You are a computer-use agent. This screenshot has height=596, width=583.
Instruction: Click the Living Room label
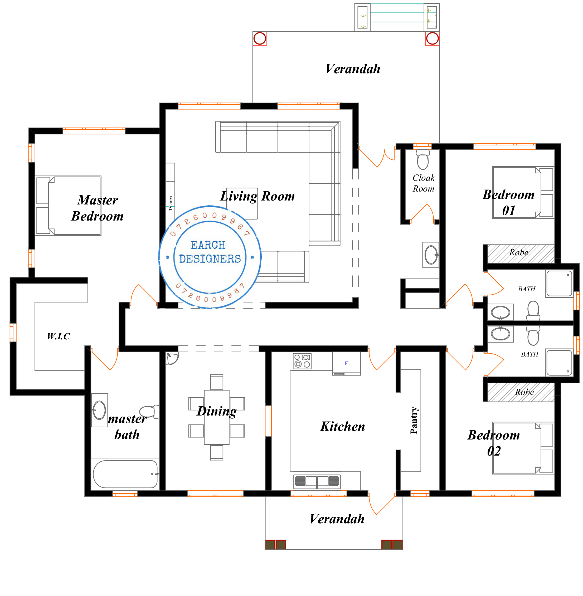pyautogui.click(x=258, y=196)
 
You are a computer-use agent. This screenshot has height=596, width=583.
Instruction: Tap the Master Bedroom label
pyautogui.click(x=97, y=208)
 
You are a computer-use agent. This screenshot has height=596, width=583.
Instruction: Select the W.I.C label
pyautogui.click(x=58, y=336)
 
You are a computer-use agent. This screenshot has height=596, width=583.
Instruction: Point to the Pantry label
pyautogui.click(x=414, y=420)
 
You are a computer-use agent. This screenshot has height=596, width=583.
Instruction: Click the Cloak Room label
pyautogui.click(x=424, y=183)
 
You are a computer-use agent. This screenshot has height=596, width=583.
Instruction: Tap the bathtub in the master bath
pyautogui.click(x=125, y=474)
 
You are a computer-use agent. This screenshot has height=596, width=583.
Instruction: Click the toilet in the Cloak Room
pyautogui.click(x=423, y=159)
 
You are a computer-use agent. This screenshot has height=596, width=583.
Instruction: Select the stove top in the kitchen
pyautogui.click(x=302, y=361)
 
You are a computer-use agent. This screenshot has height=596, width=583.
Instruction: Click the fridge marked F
pyautogui.click(x=346, y=363)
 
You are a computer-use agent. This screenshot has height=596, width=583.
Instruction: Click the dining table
pyautogui.click(x=216, y=417)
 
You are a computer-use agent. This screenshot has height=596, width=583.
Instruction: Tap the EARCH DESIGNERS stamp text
pyautogui.click(x=210, y=252)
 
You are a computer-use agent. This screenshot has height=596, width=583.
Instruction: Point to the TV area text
pyautogui.click(x=171, y=203)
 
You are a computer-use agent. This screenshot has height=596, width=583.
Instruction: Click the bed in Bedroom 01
pyautogui.click(x=523, y=192)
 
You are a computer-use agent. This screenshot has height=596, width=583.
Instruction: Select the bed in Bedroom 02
pyautogui.click(x=523, y=448)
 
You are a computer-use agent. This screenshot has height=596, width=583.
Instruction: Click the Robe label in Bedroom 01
pyautogui.click(x=519, y=252)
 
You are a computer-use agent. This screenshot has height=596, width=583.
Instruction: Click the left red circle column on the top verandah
pyautogui.click(x=260, y=38)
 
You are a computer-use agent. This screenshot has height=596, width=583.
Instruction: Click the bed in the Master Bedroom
pyautogui.click(x=68, y=206)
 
